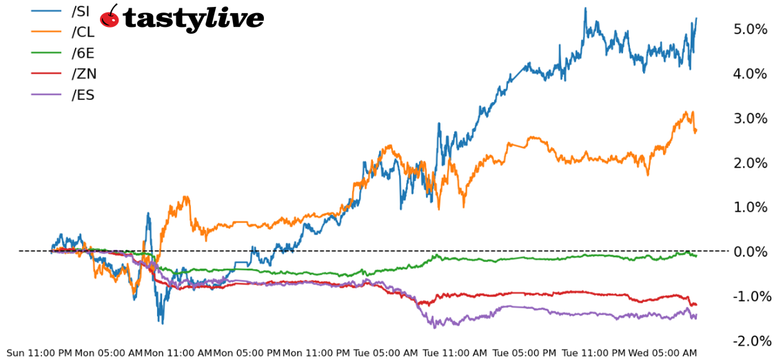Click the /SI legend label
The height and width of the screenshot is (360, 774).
click(x=81, y=11)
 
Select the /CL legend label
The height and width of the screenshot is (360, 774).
click(x=83, y=32)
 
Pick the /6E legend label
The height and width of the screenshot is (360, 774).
click(x=83, y=53)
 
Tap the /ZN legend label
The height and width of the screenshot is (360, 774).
click(x=84, y=74)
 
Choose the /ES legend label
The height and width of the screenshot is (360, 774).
click(x=83, y=95)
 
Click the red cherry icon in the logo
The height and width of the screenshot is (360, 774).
click(x=110, y=17)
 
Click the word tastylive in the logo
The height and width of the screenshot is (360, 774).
click(x=193, y=19)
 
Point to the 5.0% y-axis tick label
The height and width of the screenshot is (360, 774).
click(x=751, y=29)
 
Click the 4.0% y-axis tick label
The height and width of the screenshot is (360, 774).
click(x=751, y=74)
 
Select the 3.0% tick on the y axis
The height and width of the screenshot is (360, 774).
click(x=751, y=118)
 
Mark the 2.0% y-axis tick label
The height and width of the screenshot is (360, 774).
click(x=751, y=163)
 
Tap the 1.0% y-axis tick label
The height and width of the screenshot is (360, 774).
click(x=751, y=207)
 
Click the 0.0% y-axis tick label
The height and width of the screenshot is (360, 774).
click(x=751, y=252)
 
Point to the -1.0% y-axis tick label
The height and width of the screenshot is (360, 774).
click(x=748, y=297)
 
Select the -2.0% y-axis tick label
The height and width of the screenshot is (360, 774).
click(x=748, y=341)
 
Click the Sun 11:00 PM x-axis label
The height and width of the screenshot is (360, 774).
click(x=39, y=353)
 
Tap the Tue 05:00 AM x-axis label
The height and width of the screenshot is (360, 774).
click(x=385, y=353)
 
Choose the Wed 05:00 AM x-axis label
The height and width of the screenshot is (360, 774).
click(x=662, y=353)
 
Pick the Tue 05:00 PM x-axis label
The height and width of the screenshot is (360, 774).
click(x=524, y=353)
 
